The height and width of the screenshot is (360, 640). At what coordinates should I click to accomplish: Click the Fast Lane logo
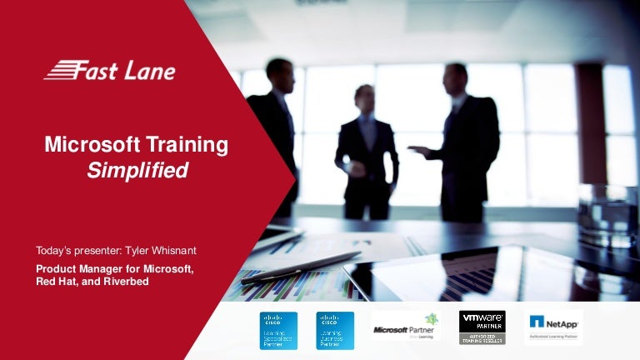tap(109, 70)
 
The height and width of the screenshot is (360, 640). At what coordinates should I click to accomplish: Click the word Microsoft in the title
tap(93, 145)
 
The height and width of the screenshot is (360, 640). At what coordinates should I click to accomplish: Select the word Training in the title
tap(187, 145)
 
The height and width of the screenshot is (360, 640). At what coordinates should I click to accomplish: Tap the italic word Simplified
tap(137, 170)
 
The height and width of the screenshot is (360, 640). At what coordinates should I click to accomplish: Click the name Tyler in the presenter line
tap(138, 250)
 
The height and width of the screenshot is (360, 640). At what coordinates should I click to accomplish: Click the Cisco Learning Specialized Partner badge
tap(278, 330)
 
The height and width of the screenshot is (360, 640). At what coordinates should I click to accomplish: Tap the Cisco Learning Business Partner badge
tap(335, 330)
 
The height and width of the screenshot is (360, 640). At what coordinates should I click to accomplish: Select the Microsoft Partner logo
tap(406, 327)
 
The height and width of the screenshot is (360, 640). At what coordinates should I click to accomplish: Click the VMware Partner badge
tap(482, 327)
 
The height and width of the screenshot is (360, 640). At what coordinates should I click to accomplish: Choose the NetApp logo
tap(553, 325)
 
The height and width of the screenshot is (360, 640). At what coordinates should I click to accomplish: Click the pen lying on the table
tap(301, 267)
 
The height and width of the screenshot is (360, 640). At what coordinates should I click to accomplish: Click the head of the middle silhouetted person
tap(364, 97)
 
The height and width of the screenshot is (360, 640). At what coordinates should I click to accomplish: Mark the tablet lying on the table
tap(467, 271)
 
